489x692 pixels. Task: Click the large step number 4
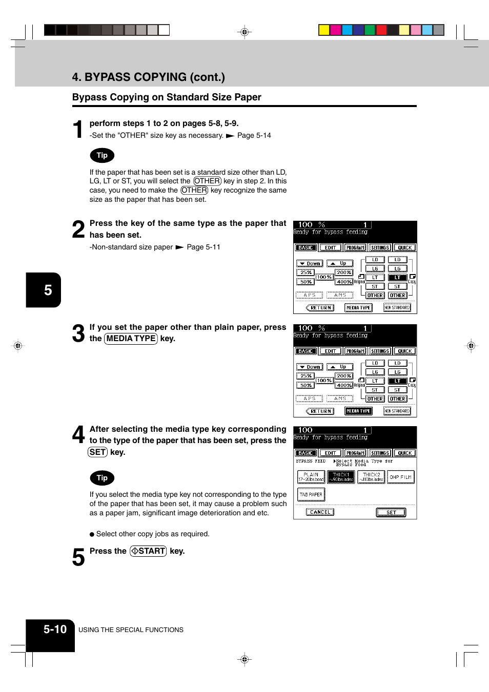[78, 435]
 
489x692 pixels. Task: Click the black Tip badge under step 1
[102, 155]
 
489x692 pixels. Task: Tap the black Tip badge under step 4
[102, 478]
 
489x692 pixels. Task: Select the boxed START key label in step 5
[148, 551]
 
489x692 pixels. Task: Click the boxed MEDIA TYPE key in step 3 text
[131, 339]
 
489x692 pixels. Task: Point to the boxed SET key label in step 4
[97, 452]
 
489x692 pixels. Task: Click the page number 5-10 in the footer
[55, 630]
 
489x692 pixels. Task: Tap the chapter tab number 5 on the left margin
[48, 290]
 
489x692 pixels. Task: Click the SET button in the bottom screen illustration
[391, 512]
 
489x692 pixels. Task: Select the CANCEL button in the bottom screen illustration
[320, 512]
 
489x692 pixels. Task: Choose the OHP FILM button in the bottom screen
[400, 477]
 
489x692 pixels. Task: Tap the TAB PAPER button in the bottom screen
[311, 495]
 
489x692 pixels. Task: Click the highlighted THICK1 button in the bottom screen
[341, 477]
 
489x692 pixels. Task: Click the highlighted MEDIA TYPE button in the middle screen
[358, 411]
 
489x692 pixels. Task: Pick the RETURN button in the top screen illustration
[320, 308]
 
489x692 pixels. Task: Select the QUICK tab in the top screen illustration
[404, 248]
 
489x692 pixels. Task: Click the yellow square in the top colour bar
[324, 30]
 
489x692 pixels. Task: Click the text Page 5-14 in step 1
[254, 136]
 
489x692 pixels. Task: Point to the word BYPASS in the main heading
[110, 77]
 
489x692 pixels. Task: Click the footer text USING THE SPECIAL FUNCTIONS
[131, 630]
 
